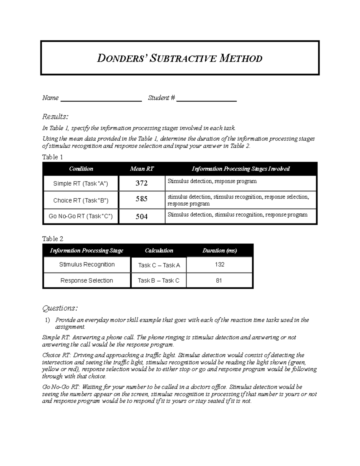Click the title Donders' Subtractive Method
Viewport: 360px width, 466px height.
pyautogui.click(x=179, y=58)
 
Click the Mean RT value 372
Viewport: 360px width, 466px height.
pyautogui.click(x=141, y=183)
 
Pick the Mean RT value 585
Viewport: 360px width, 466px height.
pyautogui.click(x=141, y=199)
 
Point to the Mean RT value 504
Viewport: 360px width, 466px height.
pyautogui.click(x=141, y=216)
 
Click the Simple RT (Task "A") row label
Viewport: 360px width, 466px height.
pyautogui.click(x=81, y=183)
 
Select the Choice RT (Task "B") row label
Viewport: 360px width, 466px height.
pyautogui.click(x=81, y=200)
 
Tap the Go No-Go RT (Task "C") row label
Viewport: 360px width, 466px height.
pyautogui.click(x=81, y=216)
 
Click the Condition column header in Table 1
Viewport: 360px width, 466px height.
pyautogui.click(x=81, y=169)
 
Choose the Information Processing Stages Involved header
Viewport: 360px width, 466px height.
pyautogui.click(x=241, y=169)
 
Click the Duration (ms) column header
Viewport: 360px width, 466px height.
pyautogui.click(x=220, y=251)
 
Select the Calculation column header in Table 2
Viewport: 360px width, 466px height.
pyautogui.click(x=159, y=251)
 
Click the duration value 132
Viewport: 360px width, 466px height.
pyautogui.click(x=220, y=264)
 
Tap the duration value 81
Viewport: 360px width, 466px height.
pyautogui.click(x=219, y=281)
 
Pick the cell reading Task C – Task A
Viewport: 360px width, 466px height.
pyautogui.click(x=159, y=265)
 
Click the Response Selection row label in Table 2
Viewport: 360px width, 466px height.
pyautogui.click(x=87, y=281)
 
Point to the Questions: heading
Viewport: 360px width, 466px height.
pyautogui.click(x=60, y=308)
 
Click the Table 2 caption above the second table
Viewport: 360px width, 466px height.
pyautogui.click(x=53, y=239)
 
